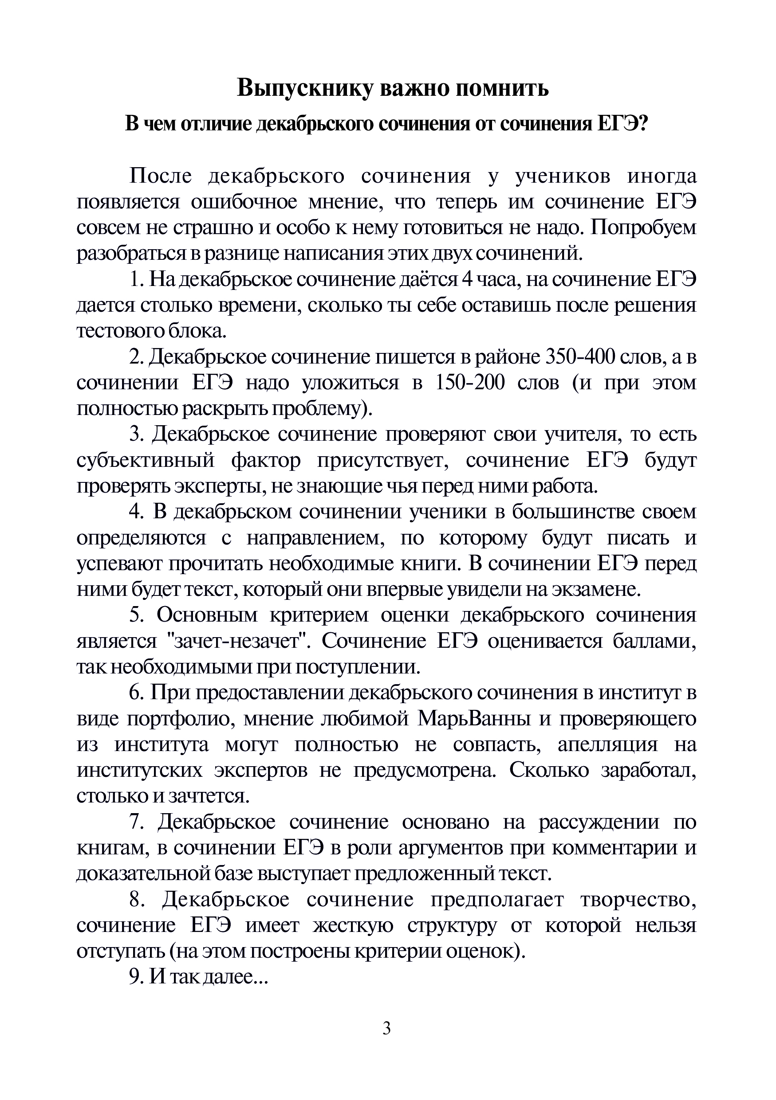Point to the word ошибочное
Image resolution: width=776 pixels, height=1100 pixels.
point(244,202)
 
